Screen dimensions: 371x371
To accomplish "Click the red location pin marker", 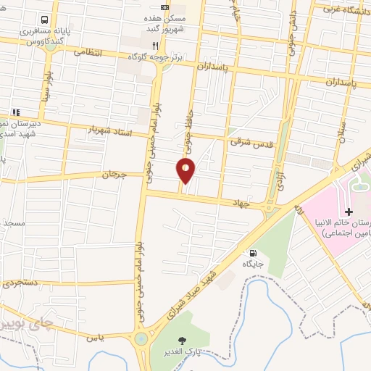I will click(186, 171).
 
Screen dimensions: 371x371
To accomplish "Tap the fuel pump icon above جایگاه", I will click(253, 254).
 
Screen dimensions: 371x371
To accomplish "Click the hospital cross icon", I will click(349, 212).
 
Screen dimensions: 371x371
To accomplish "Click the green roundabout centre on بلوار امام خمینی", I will click(141, 338).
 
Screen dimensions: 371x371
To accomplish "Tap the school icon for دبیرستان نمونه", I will click(15, 112).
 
